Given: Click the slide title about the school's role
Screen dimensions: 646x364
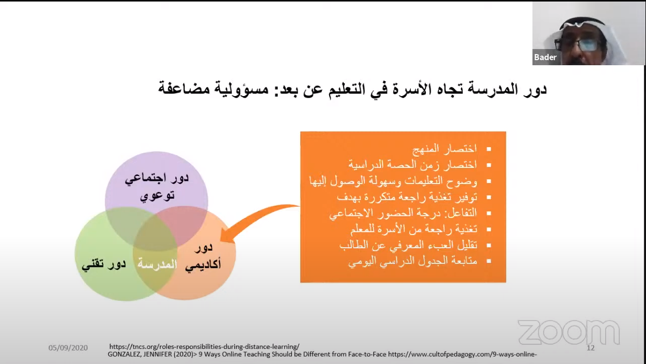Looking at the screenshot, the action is [352, 88].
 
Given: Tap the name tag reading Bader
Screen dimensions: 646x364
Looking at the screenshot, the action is [545, 57].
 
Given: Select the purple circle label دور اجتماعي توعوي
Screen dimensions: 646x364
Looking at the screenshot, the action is [157, 187].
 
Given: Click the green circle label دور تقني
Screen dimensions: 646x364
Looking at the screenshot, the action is [103, 264].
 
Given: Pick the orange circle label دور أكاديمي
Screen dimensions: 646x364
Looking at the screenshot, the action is [203, 256].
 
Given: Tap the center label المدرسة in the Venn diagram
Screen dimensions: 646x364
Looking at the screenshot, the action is [157, 264].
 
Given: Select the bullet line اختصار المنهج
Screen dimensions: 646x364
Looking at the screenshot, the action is [445, 149].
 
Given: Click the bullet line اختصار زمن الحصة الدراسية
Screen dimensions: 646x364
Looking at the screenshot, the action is [413, 165].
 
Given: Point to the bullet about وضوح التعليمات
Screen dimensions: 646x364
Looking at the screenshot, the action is [393, 181].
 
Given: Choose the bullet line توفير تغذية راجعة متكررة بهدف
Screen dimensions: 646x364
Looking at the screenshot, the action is [407, 197].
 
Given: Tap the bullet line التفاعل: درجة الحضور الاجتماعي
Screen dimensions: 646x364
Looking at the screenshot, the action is [403, 213].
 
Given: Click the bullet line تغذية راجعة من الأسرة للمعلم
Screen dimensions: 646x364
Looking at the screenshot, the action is [414, 229].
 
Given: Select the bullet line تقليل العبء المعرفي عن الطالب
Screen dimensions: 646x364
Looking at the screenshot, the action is [408, 245].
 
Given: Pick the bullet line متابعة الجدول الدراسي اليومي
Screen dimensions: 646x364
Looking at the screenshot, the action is [413, 261].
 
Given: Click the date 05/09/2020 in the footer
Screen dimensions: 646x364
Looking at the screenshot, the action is [68, 348].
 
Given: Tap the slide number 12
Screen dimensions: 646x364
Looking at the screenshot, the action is [590, 348].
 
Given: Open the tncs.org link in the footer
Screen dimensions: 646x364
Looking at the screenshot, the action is [204, 347].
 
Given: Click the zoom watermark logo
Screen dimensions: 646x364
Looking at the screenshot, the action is [569, 332].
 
